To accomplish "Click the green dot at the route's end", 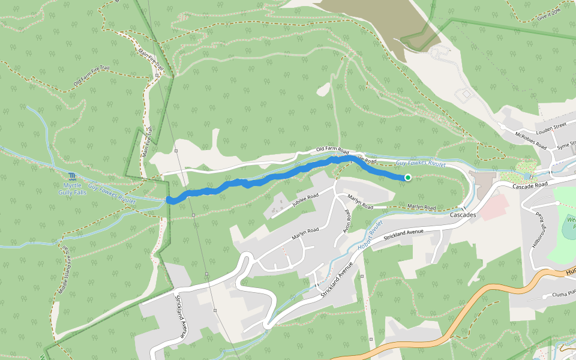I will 408,177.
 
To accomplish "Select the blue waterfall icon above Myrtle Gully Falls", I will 73,176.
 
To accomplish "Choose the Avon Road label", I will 347,220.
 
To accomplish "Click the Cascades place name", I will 463,215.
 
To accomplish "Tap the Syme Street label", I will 565,146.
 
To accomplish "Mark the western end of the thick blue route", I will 170,200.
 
